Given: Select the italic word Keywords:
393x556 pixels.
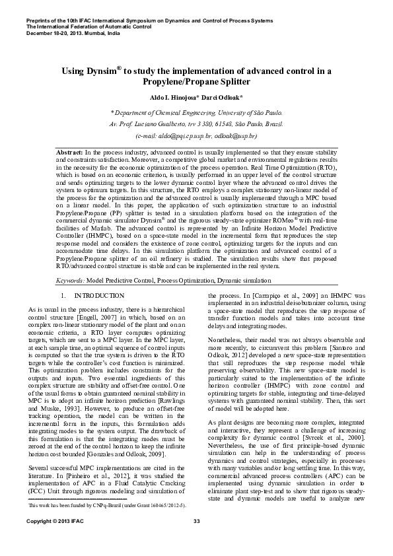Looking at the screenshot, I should (71, 281).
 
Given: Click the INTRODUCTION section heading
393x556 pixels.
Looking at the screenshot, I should (99, 296).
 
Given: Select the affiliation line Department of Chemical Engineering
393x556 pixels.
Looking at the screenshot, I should (196, 113).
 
